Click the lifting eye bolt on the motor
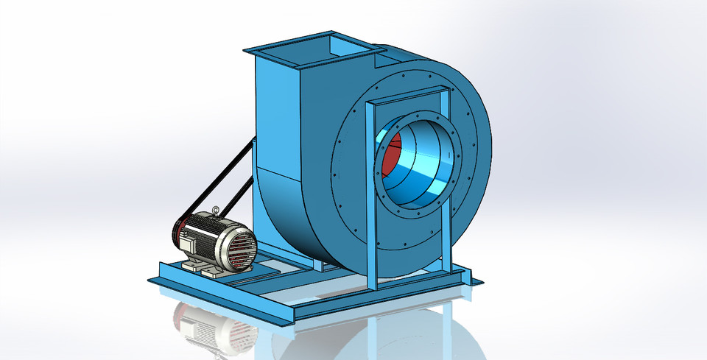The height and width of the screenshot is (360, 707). [214, 213]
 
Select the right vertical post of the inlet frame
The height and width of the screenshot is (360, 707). [446, 184]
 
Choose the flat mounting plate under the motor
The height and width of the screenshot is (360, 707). [254, 275]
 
